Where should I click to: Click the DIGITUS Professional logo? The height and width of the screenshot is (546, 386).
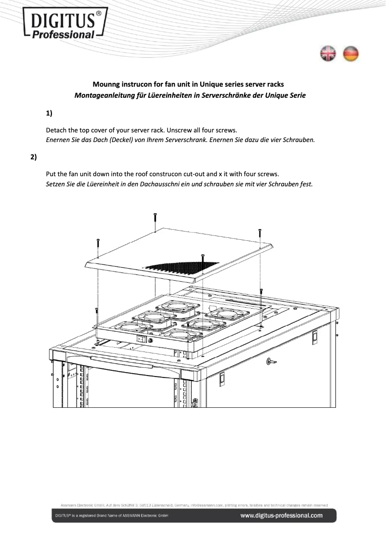(x=65, y=23)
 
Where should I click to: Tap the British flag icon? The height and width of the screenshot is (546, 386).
(x=328, y=54)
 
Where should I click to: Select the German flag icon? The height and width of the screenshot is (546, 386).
(x=351, y=54)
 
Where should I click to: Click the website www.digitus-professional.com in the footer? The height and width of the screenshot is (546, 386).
(x=282, y=516)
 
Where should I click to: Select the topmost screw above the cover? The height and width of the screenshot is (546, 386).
(x=155, y=217)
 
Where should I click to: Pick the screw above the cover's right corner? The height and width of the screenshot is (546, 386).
(x=260, y=234)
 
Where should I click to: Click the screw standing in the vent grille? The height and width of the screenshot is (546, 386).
(x=203, y=257)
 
